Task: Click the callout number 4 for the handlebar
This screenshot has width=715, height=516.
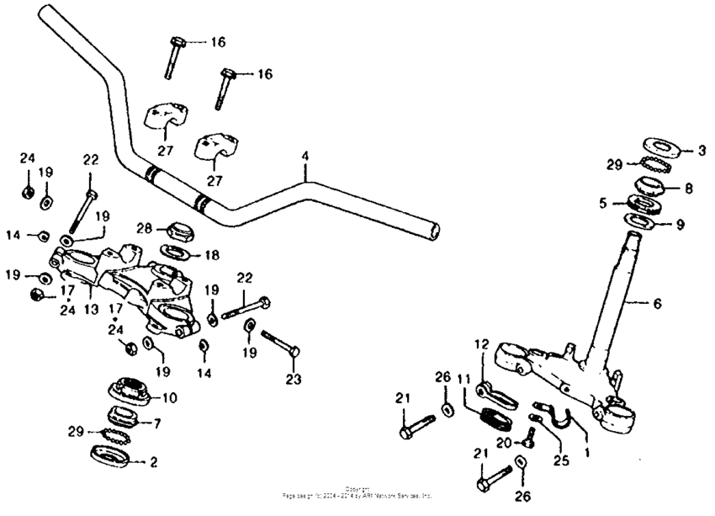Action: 306,157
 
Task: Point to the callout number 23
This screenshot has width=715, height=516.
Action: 293,379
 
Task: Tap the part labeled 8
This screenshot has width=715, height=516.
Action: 651,185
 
